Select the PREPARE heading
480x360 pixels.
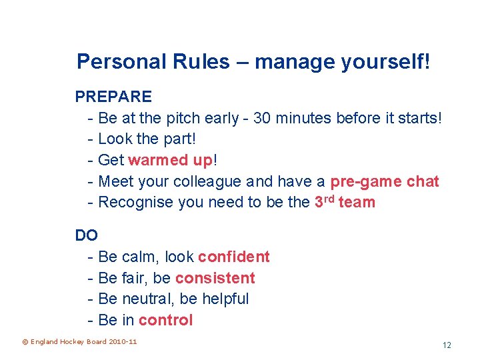113,97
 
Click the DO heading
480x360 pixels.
87,235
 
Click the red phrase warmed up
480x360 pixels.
170,160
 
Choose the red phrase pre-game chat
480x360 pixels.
385,181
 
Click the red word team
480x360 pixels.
357,202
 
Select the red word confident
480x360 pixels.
234,257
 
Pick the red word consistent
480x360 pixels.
215,278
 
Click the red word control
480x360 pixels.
166,320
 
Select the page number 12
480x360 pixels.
447,345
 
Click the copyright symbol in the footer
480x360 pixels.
25,342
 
